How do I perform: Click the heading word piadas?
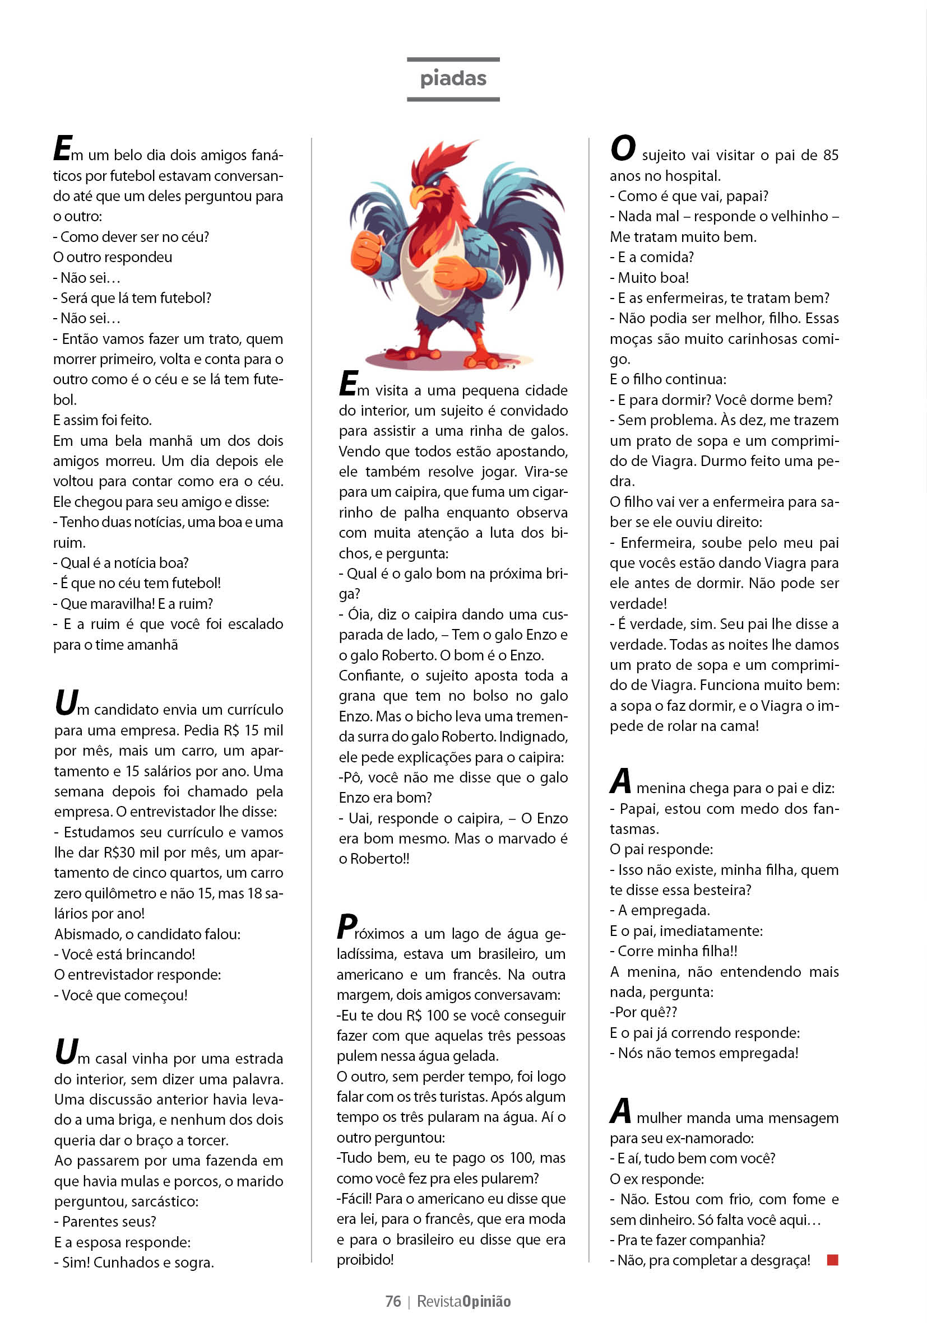(x=453, y=79)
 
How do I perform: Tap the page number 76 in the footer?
(x=393, y=1301)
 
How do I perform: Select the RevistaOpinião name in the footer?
(x=463, y=1301)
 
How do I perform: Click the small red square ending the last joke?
(x=832, y=1260)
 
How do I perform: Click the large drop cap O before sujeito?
(x=623, y=148)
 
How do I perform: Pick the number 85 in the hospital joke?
(x=830, y=156)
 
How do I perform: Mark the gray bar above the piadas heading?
(x=453, y=59)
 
